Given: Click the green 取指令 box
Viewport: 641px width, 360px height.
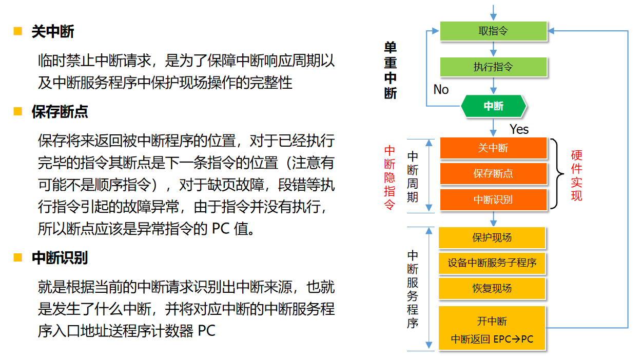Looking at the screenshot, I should pyautogui.click(x=493, y=31).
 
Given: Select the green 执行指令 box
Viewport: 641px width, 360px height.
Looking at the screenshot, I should pyautogui.click(x=493, y=67).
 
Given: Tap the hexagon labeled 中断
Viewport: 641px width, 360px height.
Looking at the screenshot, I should pyautogui.click(x=494, y=106).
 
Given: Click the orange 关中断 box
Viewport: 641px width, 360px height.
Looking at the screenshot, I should pyautogui.click(x=493, y=148).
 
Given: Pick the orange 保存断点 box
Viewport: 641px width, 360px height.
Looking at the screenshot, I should pyautogui.click(x=493, y=174).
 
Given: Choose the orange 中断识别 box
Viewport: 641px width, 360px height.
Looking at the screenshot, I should pyautogui.click(x=493, y=199).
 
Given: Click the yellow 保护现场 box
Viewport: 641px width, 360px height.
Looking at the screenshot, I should pyautogui.click(x=492, y=238).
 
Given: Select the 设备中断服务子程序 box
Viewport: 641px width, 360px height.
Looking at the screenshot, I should pyautogui.click(x=492, y=263).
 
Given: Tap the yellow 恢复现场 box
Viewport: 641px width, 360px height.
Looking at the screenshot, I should pyautogui.click(x=492, y=288).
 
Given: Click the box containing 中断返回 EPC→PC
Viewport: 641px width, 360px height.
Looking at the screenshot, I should pyautogui.click(x=492, y=328).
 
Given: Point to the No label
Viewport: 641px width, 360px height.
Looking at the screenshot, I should pyautogui.click(x=441, y=90).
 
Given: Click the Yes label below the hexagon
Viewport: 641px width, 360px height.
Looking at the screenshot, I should pyautogui.click(x=519, y=129).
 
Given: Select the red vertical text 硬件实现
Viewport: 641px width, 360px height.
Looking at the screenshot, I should pyautogui.click(x=576, y=175).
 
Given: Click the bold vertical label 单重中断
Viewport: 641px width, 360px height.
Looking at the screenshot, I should pyautogui.click(x=391, y=70).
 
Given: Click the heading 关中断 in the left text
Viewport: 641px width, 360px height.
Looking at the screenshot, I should pyautogui.click(x=53, y=32).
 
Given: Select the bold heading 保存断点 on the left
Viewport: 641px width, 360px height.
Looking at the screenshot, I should pyautogui.click(x=60, y=112).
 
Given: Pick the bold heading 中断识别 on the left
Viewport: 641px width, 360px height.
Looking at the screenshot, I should pyautogui.click(x=60, y=258).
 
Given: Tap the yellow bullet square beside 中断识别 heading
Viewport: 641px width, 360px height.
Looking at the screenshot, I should pyautogui.click(x=18, y=257).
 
